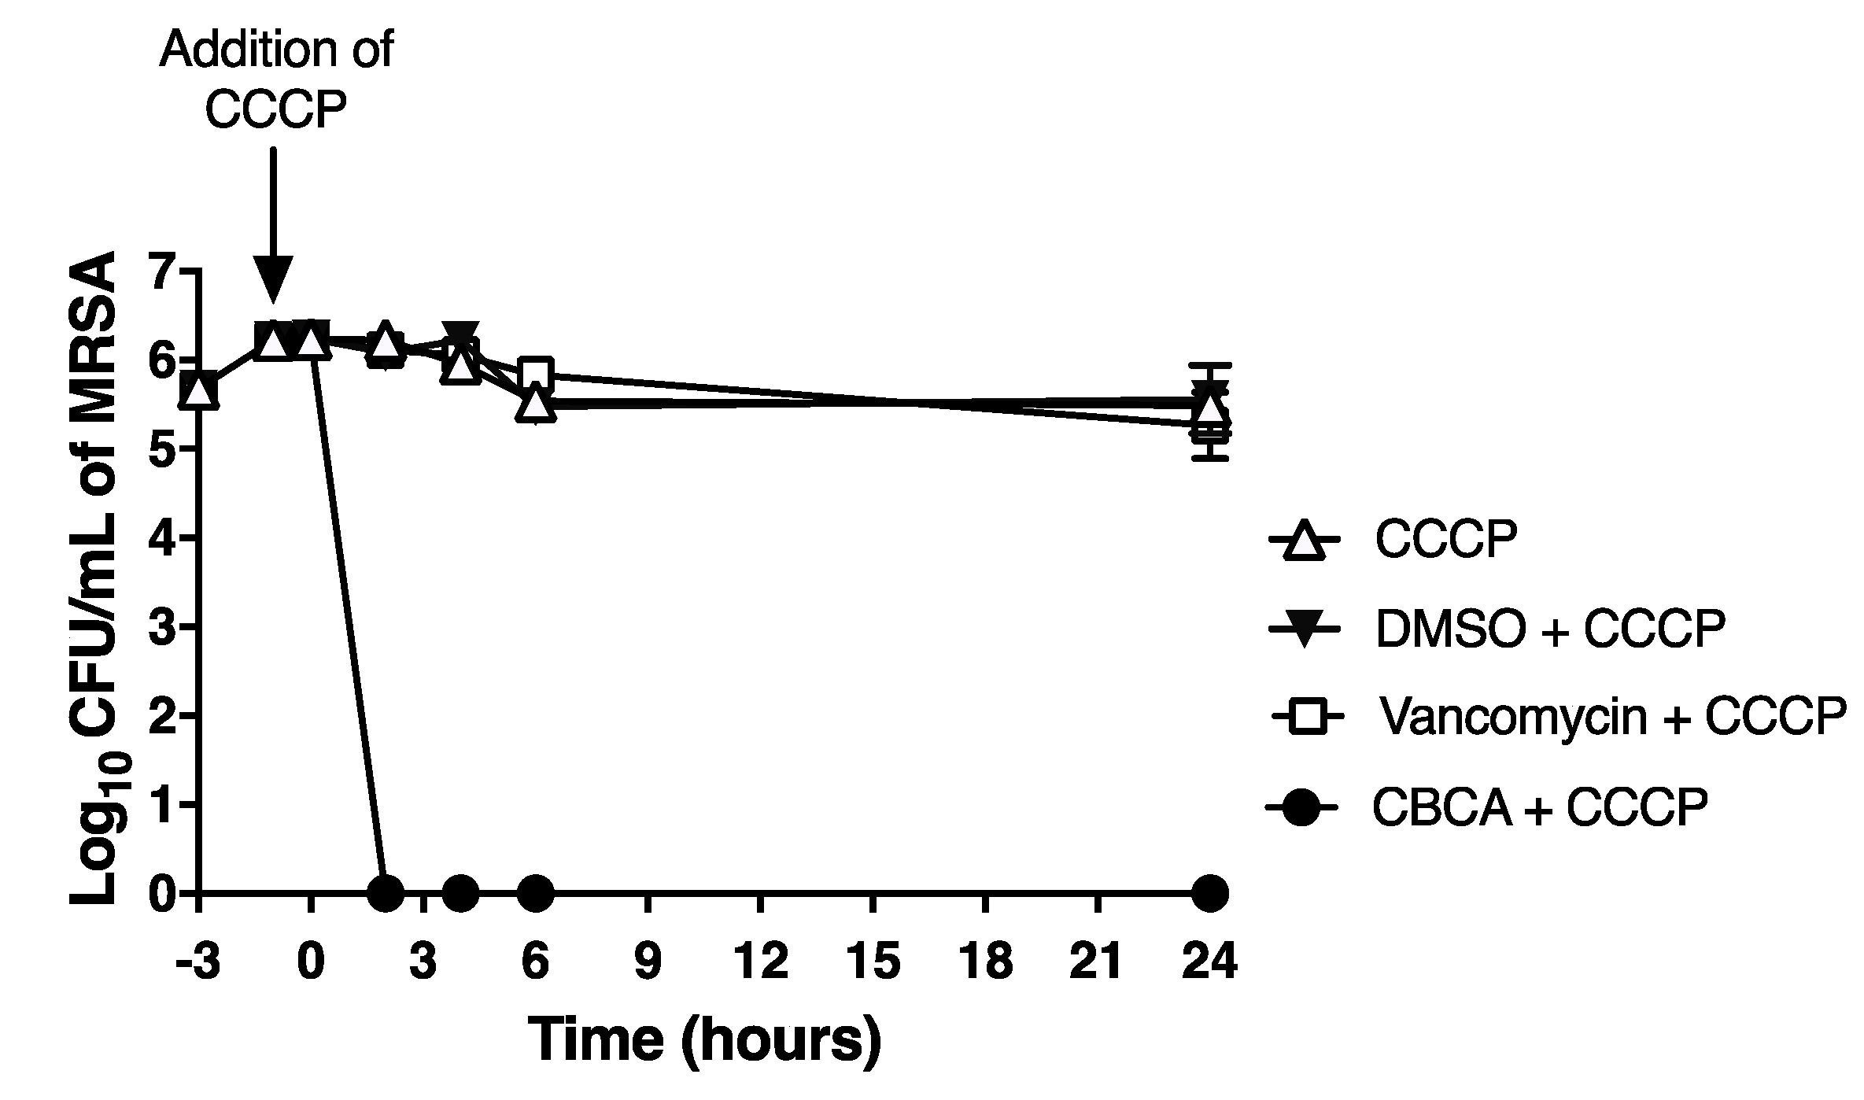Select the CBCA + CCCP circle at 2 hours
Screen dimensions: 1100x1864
click(x=386, y=893)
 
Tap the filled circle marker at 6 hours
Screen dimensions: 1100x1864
click(x=536, y=893)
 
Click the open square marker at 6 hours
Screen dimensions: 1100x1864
click(x=536, y=374)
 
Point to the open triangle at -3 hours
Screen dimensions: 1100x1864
click(x=199, y=391)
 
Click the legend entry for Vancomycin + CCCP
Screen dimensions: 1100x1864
click(x=1612, y=717)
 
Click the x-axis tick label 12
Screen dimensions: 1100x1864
click(x=760, y=962)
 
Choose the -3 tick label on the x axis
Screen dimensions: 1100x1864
click(x=197, y=962)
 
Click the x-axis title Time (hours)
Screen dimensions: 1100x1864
click(x=704, y=1039)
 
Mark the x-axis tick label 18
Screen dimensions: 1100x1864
click(x=985, y=962)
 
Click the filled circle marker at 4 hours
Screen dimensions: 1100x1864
click(x=461, y=893)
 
